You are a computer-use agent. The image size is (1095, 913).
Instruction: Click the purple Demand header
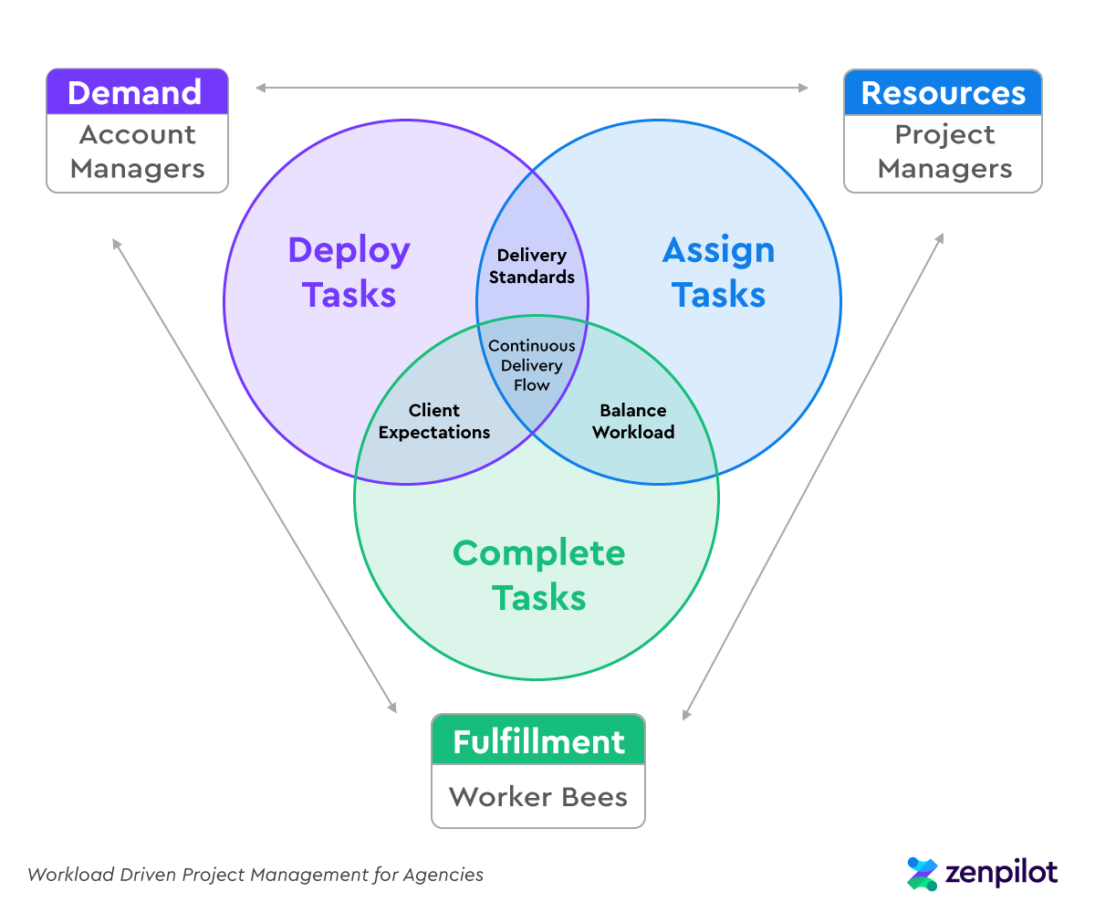(x=137, y=92)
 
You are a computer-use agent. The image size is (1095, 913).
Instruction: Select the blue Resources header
(x=943, y=92)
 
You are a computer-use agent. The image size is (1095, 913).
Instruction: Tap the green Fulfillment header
(x=538, y=741)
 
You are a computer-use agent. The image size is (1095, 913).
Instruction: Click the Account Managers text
(x=137, y=152)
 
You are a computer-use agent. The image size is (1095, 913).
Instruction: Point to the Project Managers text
(x=944, y=152)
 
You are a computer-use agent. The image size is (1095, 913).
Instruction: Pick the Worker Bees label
(x=538, y=796)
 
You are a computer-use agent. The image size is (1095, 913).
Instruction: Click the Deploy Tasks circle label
(x=349, y=272)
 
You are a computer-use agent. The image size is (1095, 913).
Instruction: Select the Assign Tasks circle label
(x=719, y=272)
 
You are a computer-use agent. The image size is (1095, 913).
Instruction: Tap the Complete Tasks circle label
(x=538, y=575)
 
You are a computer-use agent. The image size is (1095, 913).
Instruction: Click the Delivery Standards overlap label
(x=532, y=266)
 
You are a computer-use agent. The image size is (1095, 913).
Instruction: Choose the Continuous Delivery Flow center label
(x=532, y=365)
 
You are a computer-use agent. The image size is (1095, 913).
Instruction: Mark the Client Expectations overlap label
(x=434, y=422)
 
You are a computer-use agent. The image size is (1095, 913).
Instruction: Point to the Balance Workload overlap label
(x=633, y=422)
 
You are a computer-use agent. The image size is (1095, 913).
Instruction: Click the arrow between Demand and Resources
(x=532, y=88)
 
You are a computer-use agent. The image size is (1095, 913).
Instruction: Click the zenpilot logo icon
(x=923, y=874)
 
